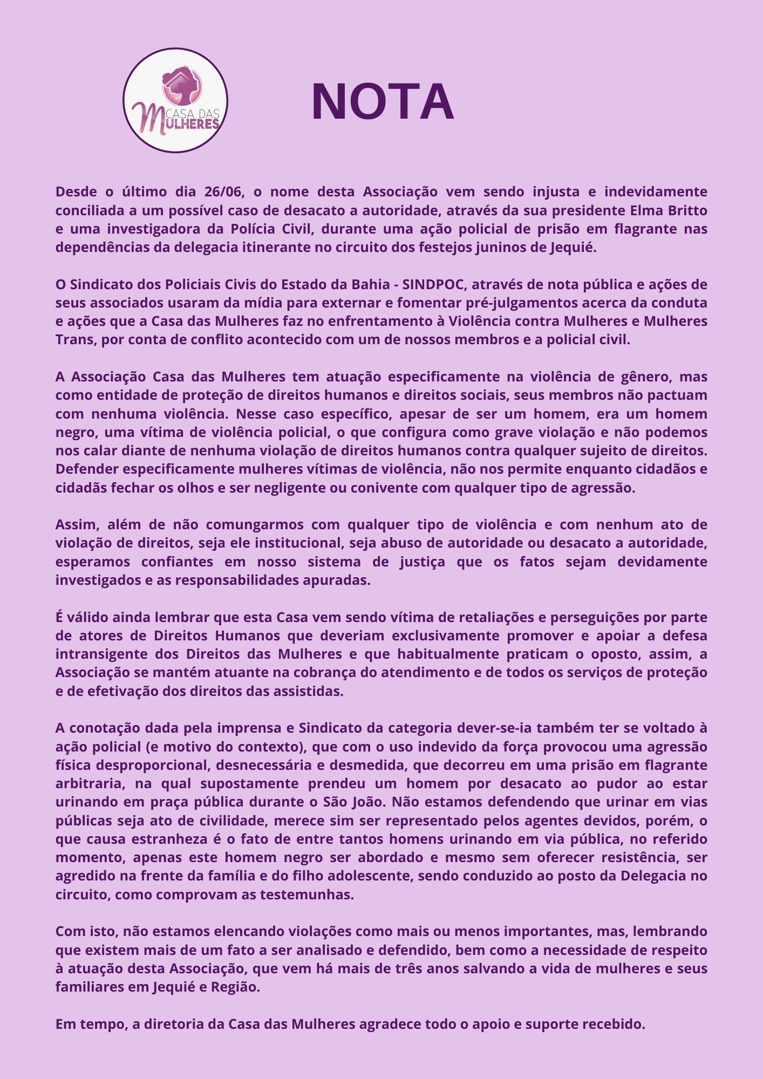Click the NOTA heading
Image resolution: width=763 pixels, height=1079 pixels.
click(x=383, y=102)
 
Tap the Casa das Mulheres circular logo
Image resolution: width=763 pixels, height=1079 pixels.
click(x=175, y=100)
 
